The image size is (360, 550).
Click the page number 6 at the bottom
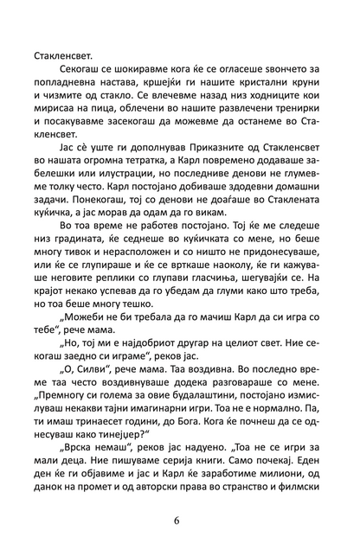pos(180,521)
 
